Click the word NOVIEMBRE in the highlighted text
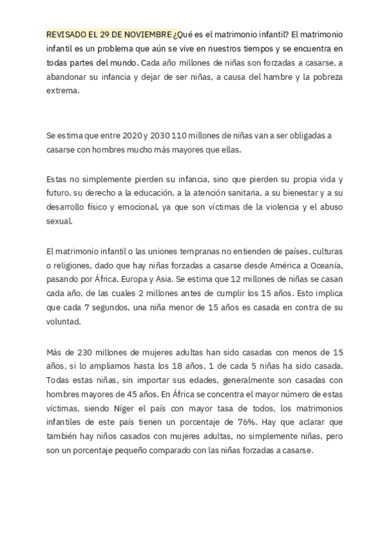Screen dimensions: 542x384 click(x=147, y=35)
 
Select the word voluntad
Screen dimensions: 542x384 click(x=63, y=321)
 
